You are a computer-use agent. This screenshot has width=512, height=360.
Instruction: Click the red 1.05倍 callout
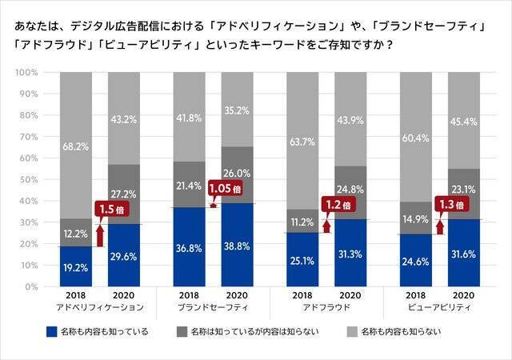coord(225,189)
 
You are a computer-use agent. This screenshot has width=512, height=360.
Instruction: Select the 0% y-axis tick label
coord(30,286)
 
